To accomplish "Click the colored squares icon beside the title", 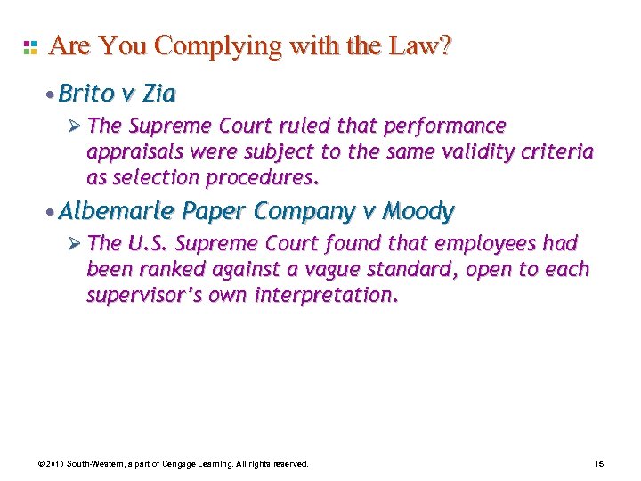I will tap(30, 46).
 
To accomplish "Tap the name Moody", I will tap(418, 211).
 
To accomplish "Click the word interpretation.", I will tap(320, 295).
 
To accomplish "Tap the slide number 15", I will tap(598, 464).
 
